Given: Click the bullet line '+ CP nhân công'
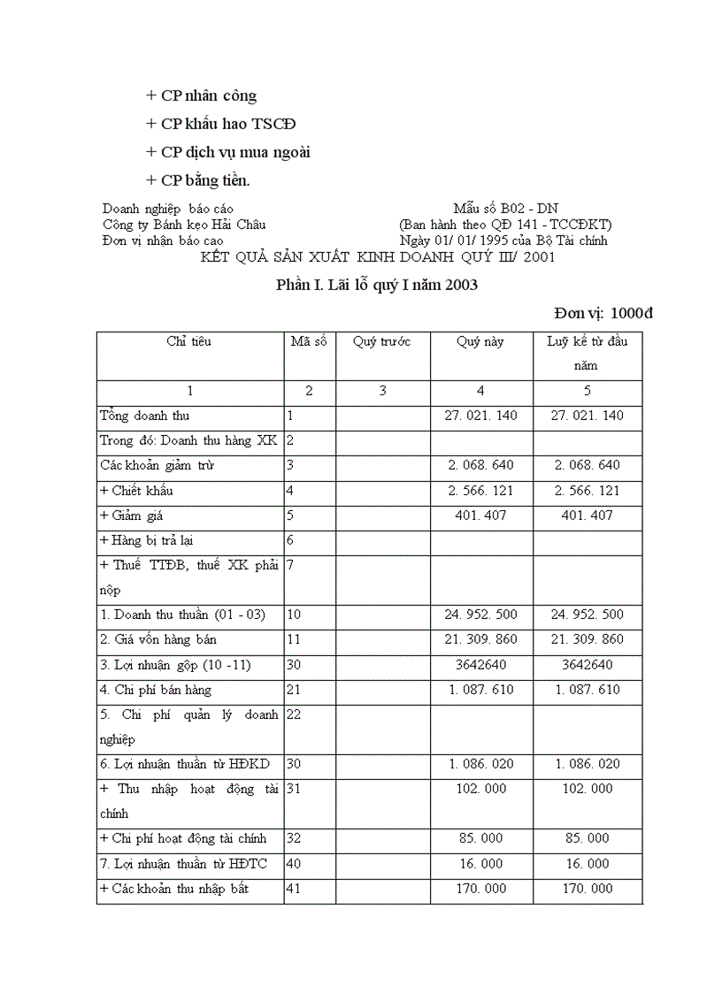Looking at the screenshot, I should [202, 95].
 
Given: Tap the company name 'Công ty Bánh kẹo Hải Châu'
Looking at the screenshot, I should [184, 225].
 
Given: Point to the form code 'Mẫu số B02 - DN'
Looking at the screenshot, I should [505, 209].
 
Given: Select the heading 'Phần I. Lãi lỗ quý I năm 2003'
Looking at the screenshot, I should [377, 285].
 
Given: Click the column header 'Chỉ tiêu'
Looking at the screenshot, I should [188, 341].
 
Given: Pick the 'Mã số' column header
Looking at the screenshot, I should [309, 341].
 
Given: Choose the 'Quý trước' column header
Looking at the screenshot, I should [381, 341].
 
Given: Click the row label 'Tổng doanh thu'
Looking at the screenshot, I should [145, 416].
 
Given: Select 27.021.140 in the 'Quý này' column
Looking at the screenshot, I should [481, 416].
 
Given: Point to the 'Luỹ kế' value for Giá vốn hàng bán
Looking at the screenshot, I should [587, 639].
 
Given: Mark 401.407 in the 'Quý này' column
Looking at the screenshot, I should [481, 515].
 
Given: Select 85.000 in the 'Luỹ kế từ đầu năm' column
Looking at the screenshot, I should [587, 838].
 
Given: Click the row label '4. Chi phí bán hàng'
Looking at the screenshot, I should [156, 690].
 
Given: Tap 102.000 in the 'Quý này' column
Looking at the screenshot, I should [481, 789].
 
